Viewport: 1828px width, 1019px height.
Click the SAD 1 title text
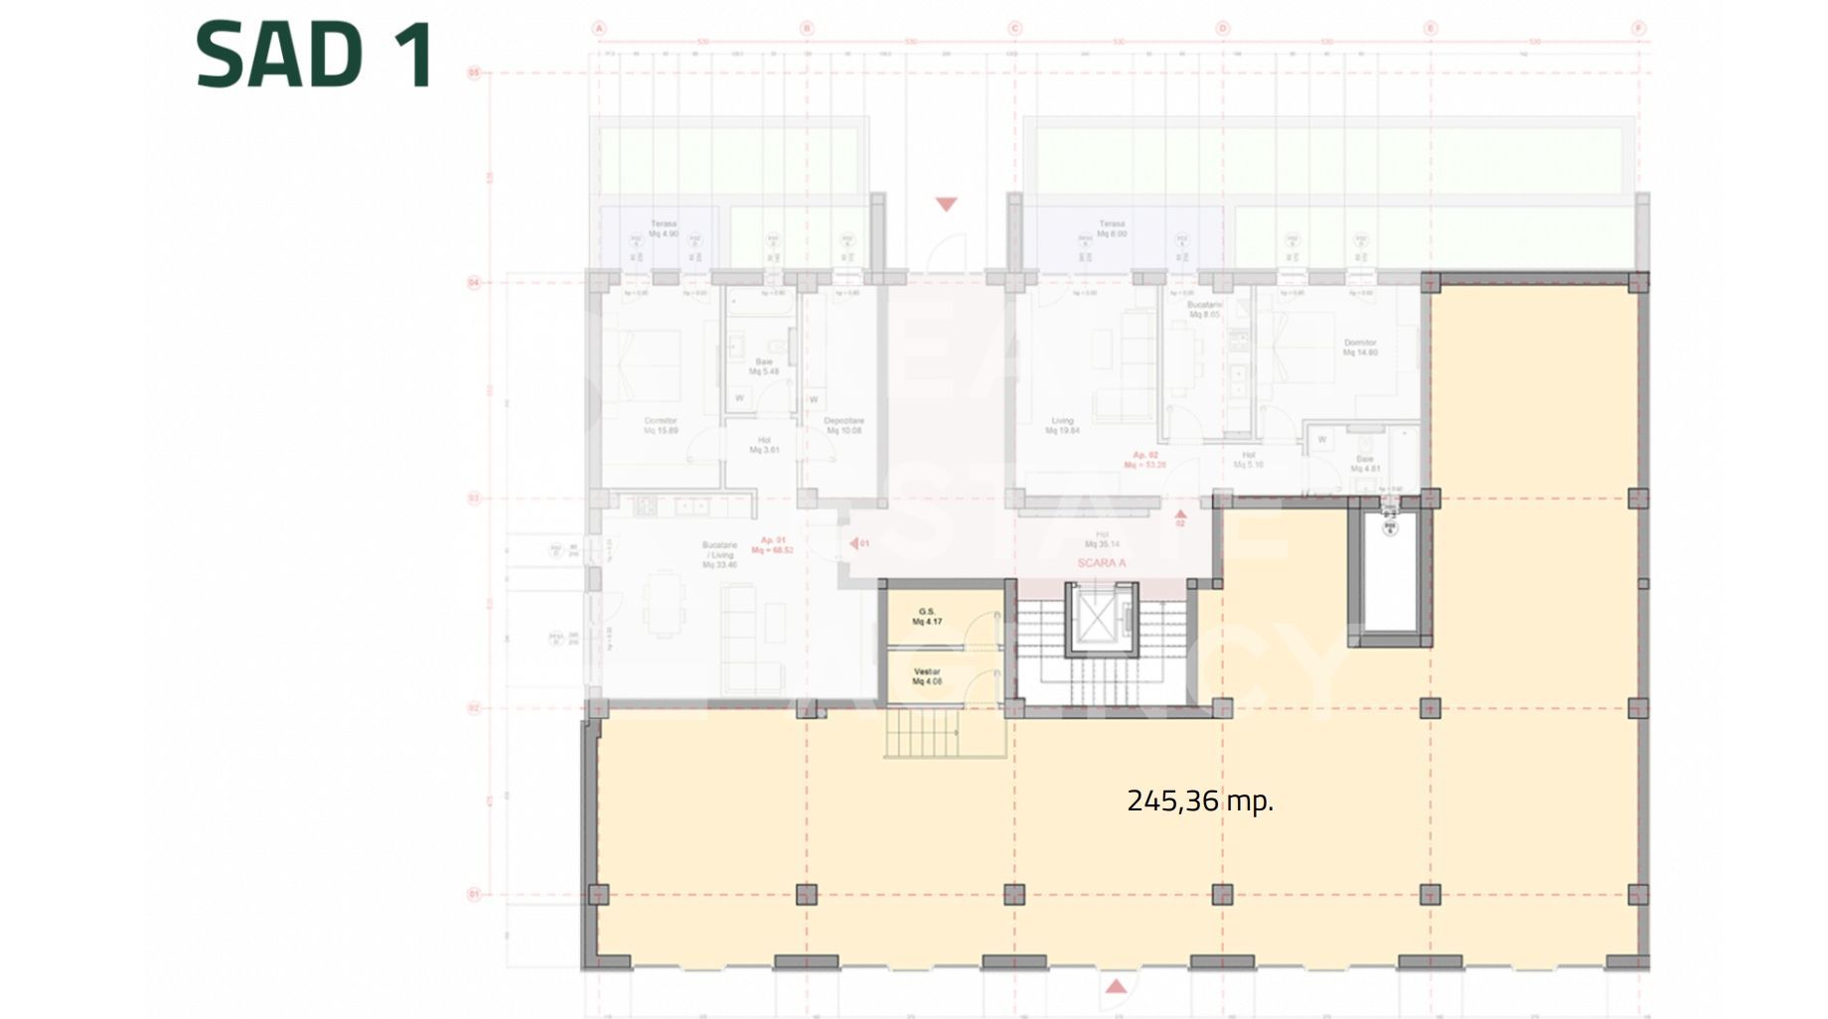tap(315, 56)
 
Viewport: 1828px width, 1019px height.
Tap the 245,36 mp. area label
tap(1199, 801)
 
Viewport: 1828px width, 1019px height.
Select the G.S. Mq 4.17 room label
tap(927, 617)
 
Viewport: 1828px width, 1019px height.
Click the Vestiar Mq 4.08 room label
tap(926, 676)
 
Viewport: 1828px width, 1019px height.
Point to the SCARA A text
tap(1101, 563)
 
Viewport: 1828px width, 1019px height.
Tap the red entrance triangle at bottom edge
tap(1117, 985)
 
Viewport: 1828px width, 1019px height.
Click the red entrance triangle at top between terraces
tap(946, 205)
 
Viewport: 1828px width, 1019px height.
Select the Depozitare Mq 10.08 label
tap(843, 425)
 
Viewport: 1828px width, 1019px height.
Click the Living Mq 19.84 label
tap(1062, 426)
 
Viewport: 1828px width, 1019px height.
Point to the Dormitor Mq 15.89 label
tap(661, 425)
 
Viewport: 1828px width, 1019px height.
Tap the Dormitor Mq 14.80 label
tap(1360, 347)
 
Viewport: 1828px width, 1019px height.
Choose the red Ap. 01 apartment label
tap(773, 544)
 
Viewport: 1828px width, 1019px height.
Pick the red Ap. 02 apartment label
tap(1144, 459)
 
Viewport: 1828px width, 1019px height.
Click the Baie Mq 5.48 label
tap(763, 366)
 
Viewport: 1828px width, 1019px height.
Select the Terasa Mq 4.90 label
tap(663, 228)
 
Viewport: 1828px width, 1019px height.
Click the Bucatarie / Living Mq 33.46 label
tap(719, 554)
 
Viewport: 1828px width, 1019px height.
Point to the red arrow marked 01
tap(858, 543)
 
